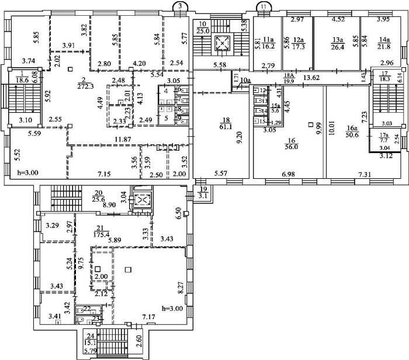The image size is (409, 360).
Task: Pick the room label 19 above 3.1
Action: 203,189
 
